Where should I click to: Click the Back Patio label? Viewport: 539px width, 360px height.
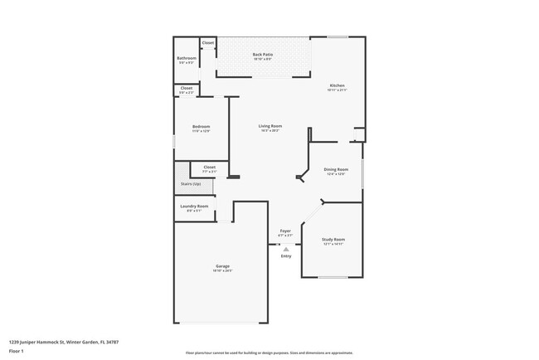coord(263,55)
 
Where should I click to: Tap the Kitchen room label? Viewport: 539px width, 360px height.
coord(337,85)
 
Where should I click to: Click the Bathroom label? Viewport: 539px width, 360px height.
coord(187,58)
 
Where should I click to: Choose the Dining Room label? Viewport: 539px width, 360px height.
coord(336,170)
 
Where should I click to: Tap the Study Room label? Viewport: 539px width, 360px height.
coord(333,240)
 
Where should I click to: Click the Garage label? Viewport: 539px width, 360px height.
coord(223,266)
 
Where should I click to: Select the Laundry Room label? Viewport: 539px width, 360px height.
coord(194,206)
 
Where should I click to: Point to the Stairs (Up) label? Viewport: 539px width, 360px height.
coord(190,184)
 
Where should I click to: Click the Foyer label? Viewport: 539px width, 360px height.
coord(285,231)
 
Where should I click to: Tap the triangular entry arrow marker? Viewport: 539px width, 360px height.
coord(286,248)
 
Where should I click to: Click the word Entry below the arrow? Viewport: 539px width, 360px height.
coord(286,255)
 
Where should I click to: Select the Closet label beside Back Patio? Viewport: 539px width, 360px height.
coord(208,42)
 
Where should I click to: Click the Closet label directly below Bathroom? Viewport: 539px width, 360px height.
coord(187,88)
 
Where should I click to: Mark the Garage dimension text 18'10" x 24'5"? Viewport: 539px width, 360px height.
coord(223,271)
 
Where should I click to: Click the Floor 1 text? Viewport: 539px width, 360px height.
coord(17,350)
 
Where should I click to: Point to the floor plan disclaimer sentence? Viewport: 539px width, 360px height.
coord(269,353)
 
